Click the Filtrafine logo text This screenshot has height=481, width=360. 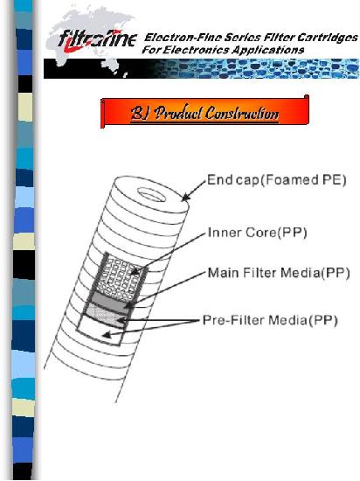98,40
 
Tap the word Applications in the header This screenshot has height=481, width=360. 267,50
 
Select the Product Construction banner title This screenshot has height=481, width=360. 204,113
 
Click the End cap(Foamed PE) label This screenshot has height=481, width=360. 277,180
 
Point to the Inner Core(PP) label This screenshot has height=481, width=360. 257,233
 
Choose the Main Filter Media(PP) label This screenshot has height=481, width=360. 279,273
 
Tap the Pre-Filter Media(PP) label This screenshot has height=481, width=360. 270,320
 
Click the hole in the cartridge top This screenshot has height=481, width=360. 151,195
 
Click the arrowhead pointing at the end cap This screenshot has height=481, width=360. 185,197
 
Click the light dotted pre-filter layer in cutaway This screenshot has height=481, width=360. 104,316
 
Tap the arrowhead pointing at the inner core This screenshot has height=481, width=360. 135,272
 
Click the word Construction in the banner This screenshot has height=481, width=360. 242,113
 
